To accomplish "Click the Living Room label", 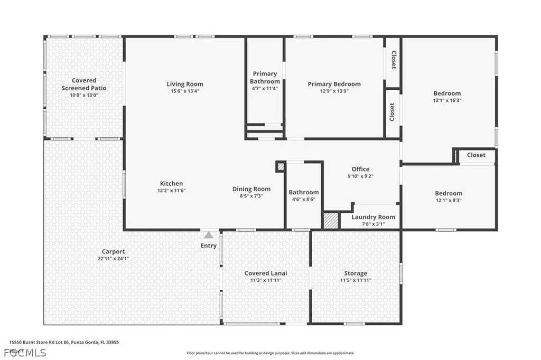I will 185,84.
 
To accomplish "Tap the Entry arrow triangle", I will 209,235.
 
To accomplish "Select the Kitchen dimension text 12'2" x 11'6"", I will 172,191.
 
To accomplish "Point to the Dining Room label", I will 251,189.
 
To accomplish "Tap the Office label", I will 360,169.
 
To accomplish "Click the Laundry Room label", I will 373,217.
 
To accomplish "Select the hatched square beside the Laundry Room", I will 331,221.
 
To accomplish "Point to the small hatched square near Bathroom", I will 281,166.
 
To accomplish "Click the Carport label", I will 114,252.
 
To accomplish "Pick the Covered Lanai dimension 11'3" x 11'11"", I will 266,280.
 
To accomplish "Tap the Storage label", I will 356,273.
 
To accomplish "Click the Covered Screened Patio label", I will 84,84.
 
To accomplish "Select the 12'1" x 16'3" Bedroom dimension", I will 447,100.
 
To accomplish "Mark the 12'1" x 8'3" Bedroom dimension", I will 448,200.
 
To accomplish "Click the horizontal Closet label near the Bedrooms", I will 475,155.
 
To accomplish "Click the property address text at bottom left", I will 64,342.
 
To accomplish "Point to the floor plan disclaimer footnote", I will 270,353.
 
